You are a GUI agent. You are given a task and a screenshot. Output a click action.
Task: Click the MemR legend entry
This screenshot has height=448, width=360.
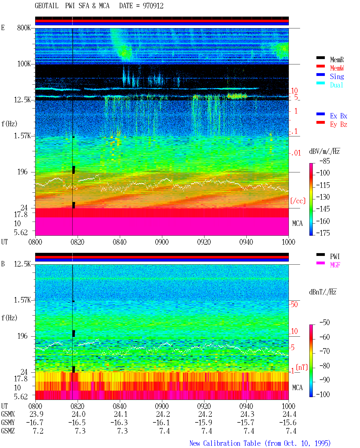coord(337,60)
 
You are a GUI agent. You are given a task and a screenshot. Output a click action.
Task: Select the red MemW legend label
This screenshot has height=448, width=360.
coord(337,68)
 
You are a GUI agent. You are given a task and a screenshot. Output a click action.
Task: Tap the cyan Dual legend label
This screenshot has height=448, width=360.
coord(336,85)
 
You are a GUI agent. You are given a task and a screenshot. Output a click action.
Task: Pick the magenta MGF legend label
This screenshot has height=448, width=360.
coord(335,265)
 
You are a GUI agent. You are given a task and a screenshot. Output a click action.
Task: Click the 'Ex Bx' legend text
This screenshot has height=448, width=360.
coord(338,116)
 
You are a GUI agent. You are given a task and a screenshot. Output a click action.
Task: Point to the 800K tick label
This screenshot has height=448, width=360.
coord(24,28)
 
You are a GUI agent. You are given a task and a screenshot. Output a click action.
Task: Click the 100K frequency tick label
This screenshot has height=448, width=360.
coord(24,64)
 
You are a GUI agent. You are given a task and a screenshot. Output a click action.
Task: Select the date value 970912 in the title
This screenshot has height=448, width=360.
coord(153,6)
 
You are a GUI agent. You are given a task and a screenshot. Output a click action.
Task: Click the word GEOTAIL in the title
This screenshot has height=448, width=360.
coord(47,6)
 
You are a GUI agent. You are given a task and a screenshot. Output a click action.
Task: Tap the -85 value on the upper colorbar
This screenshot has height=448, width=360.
coord(325,161)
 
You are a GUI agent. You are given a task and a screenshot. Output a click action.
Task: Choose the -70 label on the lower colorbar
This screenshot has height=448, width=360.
coord(325,351)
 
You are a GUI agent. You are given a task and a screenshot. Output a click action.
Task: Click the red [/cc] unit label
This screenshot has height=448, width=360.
coord(298,201)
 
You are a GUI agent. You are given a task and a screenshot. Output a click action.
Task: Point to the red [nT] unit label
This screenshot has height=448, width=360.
coord(302,367)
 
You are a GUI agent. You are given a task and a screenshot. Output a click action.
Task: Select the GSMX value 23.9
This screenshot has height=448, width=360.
coord(36,414)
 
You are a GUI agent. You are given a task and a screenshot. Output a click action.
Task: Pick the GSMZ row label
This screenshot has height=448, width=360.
coord(8,431)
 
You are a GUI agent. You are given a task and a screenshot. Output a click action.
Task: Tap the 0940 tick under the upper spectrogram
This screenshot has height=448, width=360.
coord(246,242)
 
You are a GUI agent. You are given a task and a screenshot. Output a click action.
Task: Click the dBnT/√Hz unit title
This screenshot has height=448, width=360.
coord(323,292)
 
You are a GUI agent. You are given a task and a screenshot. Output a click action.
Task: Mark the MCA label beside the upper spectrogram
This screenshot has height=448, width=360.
coord(297,223)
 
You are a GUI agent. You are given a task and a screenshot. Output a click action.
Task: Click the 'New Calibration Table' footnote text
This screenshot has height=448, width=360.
coord(225,443)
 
